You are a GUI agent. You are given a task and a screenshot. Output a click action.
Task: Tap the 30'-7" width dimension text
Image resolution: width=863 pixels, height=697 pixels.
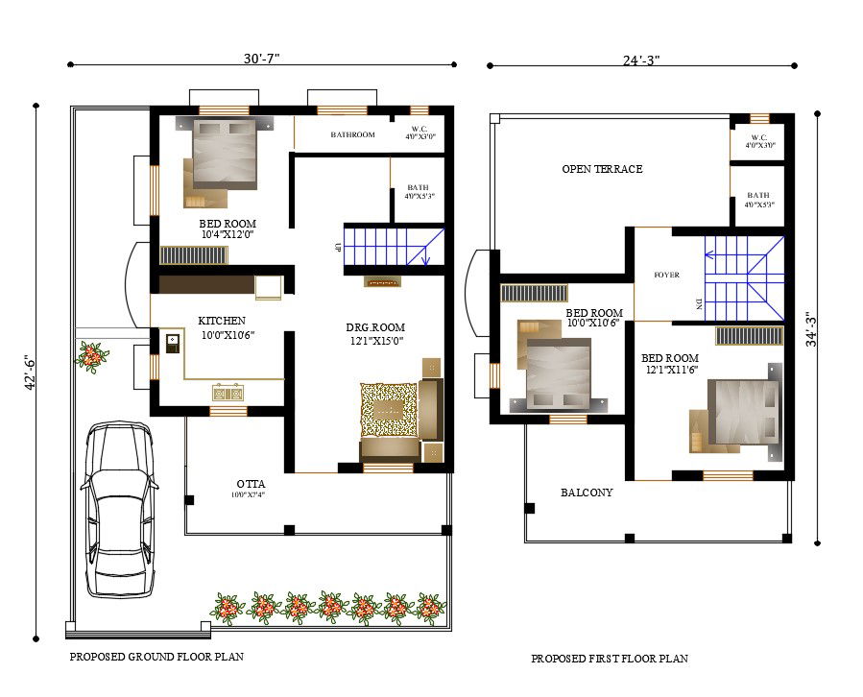pos(261,59)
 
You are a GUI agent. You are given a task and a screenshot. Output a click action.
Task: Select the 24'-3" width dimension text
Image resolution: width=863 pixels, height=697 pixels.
pos(641,60)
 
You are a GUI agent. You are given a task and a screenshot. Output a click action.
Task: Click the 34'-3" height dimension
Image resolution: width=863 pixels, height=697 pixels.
pos(811,329)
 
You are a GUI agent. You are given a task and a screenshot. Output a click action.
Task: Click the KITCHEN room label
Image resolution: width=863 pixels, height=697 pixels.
pos(222,321)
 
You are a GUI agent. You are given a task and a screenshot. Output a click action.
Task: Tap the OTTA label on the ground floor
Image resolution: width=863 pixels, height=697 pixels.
pos(251,483)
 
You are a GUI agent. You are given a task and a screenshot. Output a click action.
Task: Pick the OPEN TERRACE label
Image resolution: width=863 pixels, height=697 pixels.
pos(602,169)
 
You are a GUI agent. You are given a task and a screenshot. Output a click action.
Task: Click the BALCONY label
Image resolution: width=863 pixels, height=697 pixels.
pos(587,493)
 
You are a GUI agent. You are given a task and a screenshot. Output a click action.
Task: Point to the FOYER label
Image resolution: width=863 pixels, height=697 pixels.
pos(666,276)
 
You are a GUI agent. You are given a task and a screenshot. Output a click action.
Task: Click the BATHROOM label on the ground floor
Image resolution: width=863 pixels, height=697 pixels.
pos(352,135)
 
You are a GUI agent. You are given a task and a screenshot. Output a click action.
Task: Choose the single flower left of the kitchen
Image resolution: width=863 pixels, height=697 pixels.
pos(92,355)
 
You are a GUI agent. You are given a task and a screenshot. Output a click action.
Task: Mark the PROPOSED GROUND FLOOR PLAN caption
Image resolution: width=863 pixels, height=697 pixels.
pos(156,658)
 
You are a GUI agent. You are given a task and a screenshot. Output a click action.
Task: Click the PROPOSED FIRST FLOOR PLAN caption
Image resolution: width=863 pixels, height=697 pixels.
pos(610,659)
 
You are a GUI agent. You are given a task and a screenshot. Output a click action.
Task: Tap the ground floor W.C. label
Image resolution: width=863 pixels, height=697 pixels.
pos(420,129)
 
